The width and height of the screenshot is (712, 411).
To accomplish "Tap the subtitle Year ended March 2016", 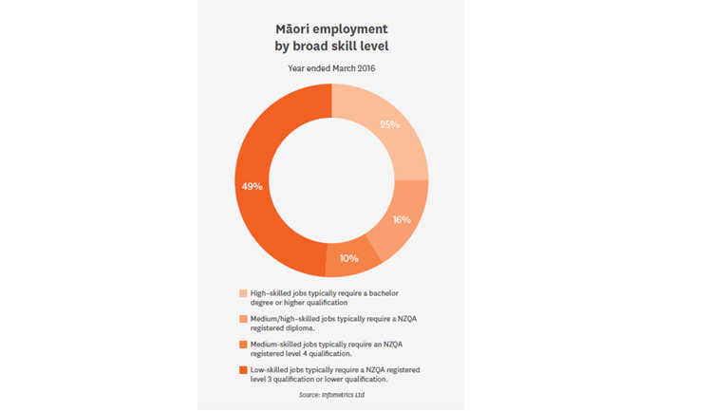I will click(330, 68).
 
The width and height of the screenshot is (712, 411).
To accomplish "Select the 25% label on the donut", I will click(389, 124).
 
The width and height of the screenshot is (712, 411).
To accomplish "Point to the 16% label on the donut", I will click(402, 219).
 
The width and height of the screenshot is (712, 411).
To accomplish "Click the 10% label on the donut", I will click(348, 257).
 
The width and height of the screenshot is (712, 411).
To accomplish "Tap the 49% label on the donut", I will click(253, 186).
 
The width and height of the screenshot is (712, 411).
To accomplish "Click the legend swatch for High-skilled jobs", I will click(244, 293).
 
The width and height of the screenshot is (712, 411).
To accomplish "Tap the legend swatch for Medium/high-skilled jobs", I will click(244, 319).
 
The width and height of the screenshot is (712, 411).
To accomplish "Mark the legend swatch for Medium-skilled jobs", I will click(244, 344).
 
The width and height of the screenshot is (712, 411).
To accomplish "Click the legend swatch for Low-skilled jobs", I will click(244, 368).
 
